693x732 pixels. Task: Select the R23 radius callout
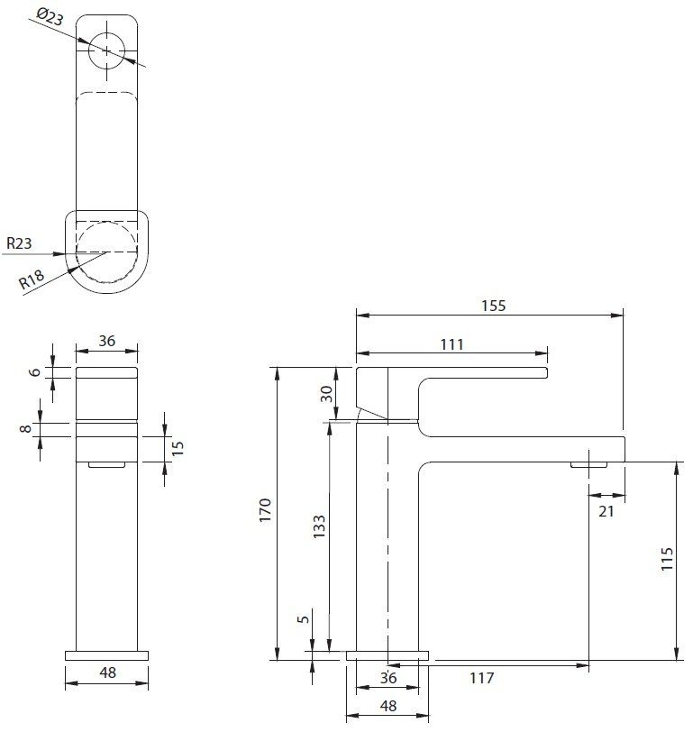[x=21, y=242]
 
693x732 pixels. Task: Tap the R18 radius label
[x=32, y=280]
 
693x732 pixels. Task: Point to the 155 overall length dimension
[x=493, y=306]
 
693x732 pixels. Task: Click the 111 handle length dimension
[x=451, y=343]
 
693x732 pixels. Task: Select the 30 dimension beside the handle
[x=327, y=393]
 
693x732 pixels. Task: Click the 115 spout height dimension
[x=666, y=561]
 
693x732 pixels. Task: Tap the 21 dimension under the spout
[x=606, y=511]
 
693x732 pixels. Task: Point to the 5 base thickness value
[x=304, y=618]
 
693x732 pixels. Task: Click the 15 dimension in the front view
[x=178, y=447]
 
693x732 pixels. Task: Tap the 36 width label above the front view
[x=106, y=341]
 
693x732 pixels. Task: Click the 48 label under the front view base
[x=106, y=672]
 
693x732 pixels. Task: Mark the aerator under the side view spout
[x=588, y=465]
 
